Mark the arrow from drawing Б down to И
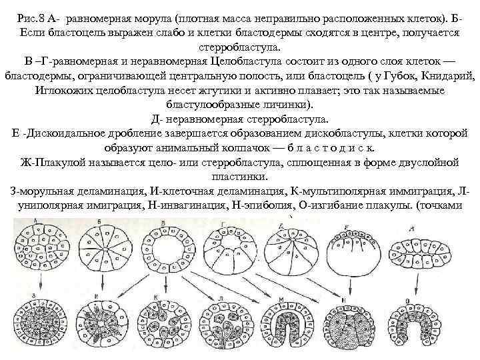(99, 286)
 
